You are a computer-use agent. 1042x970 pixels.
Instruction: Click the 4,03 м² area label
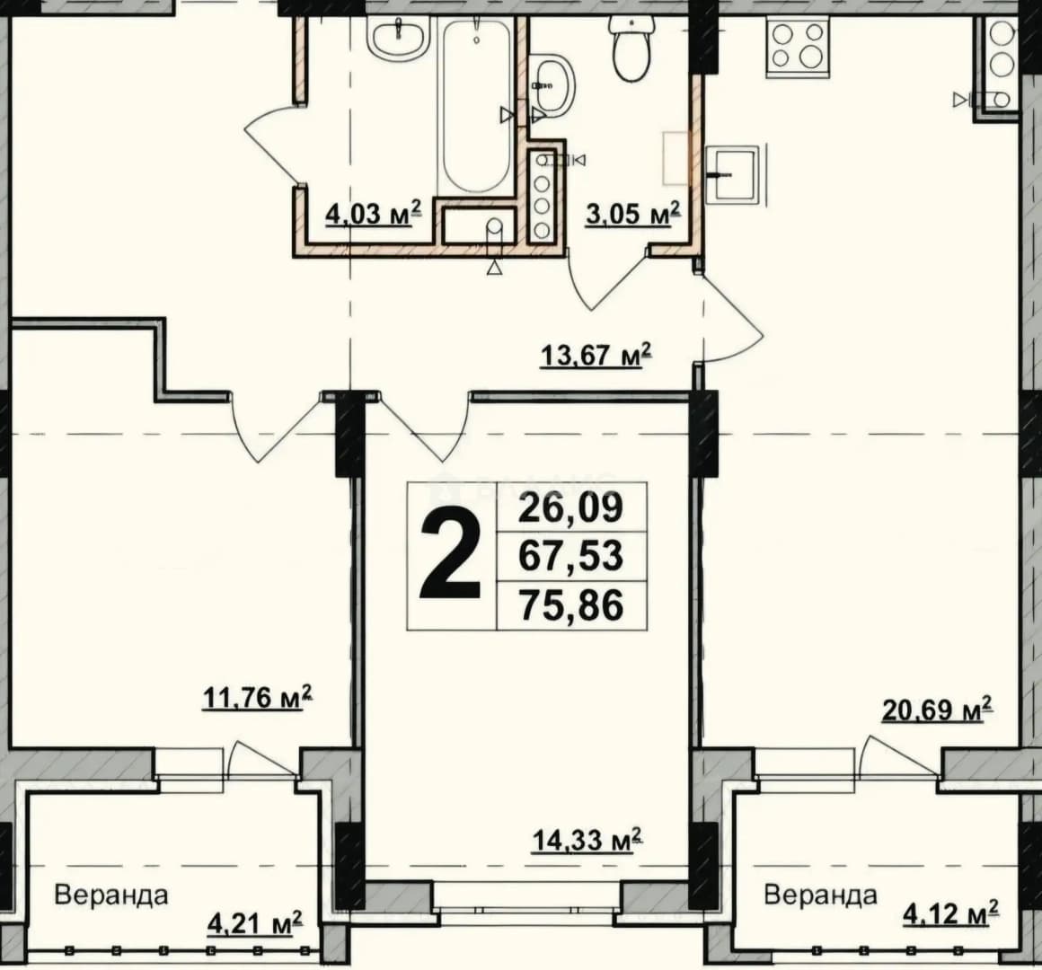[374, 213]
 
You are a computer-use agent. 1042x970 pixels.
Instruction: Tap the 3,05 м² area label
[633, 213]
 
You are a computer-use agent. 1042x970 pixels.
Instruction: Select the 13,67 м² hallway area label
[596, 355]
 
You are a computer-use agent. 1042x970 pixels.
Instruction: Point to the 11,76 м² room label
[257, 698]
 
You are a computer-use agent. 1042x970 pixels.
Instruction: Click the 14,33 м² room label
[587, 840]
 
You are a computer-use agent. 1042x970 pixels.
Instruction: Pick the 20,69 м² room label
[937, 710]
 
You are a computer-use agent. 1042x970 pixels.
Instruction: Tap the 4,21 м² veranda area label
[256, 922]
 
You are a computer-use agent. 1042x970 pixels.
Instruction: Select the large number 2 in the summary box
[450, 557]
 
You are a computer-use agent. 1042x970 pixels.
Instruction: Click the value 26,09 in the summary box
[570, 507]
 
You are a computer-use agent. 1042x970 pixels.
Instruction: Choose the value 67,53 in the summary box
[570, 556]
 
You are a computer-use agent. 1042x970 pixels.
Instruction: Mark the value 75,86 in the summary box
[570, 605]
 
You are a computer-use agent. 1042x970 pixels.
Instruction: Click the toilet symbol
[631, 48]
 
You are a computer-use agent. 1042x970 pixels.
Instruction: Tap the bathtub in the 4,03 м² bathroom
[475, 107]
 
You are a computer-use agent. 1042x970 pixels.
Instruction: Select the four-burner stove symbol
[798, 45]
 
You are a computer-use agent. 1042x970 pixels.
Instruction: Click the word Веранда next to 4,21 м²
[111, 895]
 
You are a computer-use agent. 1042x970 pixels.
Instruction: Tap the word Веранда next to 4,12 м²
[820, 895]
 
